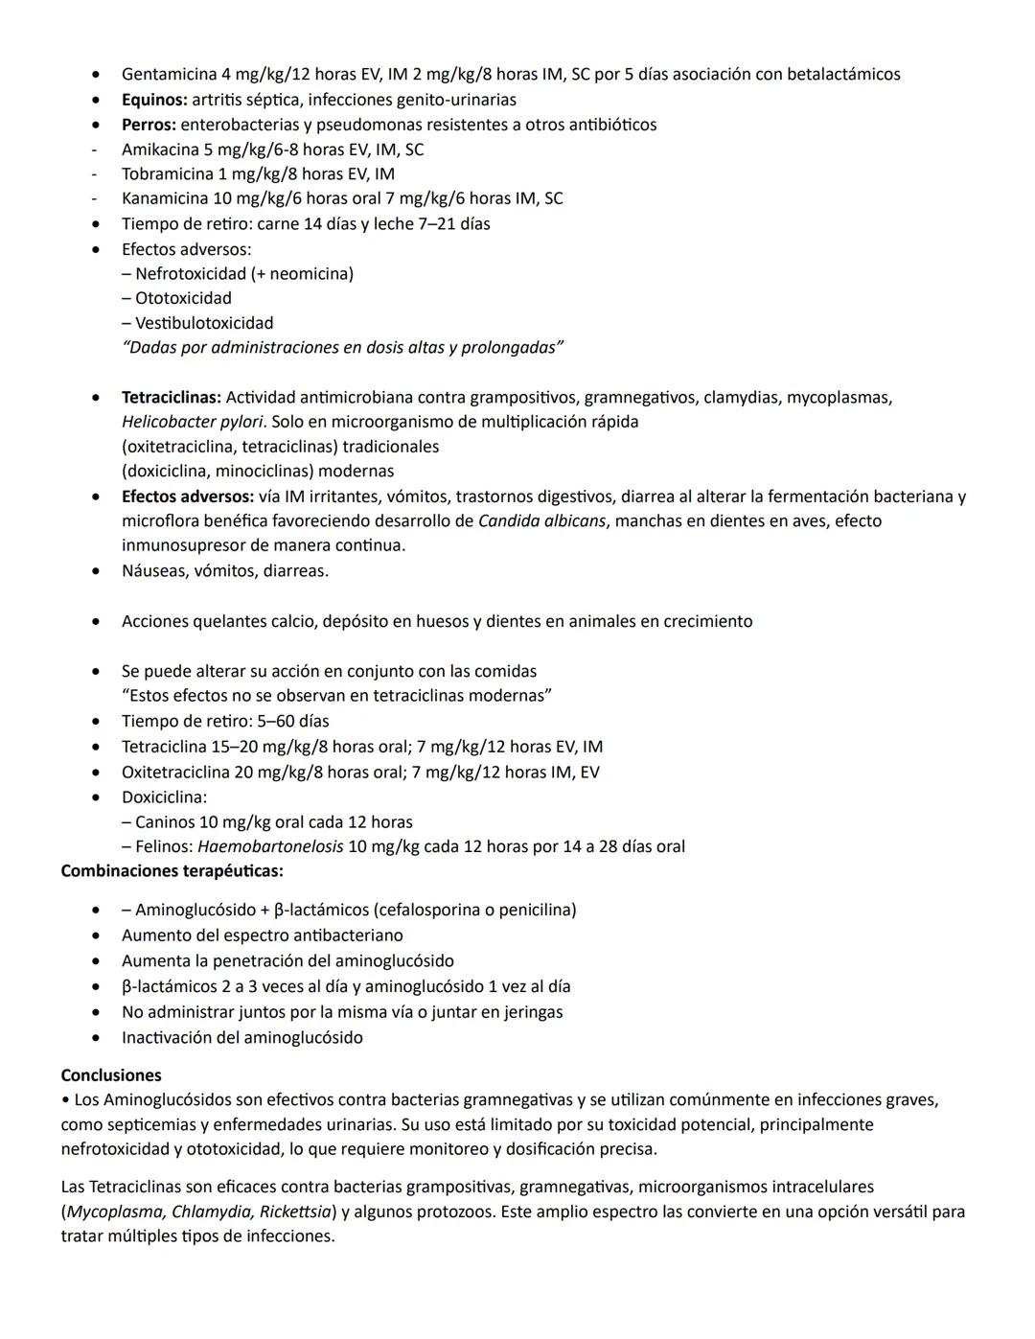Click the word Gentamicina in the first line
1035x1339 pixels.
169,75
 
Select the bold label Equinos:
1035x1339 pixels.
154,100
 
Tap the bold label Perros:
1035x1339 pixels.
149,125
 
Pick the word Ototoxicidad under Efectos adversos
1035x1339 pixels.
183,298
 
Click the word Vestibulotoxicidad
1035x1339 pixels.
204,323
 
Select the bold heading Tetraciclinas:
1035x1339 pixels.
172,398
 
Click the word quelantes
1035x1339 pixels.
230,622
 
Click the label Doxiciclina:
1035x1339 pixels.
164,797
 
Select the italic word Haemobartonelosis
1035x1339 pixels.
270,847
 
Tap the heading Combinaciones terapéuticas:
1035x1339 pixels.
172,871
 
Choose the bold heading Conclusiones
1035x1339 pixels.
111,1075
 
